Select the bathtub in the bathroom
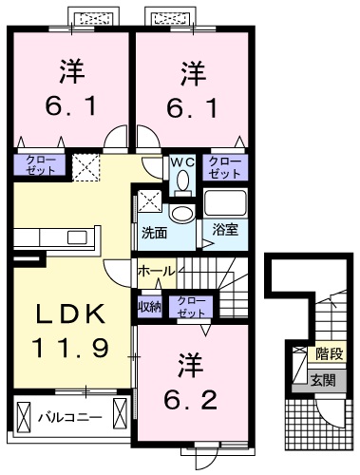point(225,204)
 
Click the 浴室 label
point(226,230)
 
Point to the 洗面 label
point(155,231)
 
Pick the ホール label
point(156,271)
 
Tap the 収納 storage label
point(149,305)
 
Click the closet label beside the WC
point(225,167)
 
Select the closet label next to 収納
point(191,305)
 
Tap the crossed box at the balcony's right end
point(120,415)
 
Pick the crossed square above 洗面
point(149,201)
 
